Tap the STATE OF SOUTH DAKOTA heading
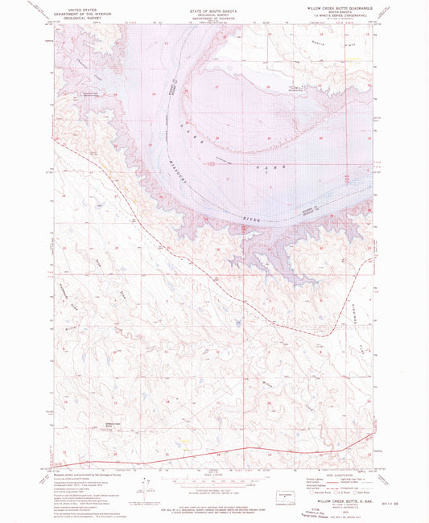pyautogui.click(x=214, y=5)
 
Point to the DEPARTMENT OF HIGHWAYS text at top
pyautogui.click(x=214, y=15)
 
